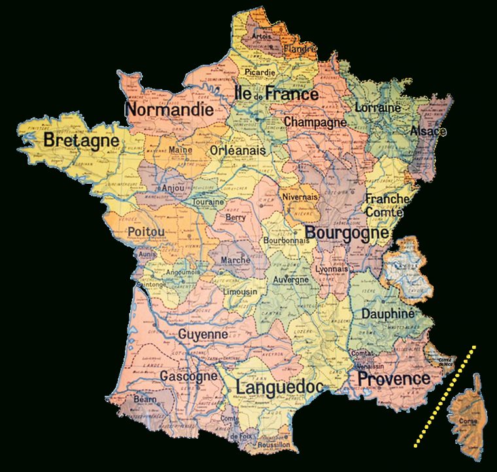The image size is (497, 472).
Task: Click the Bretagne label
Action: (x=81, y=141)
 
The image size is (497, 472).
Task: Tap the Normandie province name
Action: (x=169, y=110)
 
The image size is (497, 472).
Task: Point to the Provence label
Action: (x=394, y=379)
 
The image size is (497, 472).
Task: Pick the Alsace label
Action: (x=428, y=131)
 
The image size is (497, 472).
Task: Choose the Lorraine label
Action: (x=377, y=107)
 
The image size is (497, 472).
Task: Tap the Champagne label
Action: (x=315, y=122)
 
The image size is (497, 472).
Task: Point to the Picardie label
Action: (x=260, y=72)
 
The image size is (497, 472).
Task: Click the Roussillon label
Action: (x=273, y=445)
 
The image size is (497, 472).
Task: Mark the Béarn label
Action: (x=145, y=398)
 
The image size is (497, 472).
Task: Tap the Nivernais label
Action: (x=300, y=196)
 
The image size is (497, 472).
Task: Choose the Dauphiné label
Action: (x=388, y=314)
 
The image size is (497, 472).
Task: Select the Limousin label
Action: (x=240, y=292)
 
